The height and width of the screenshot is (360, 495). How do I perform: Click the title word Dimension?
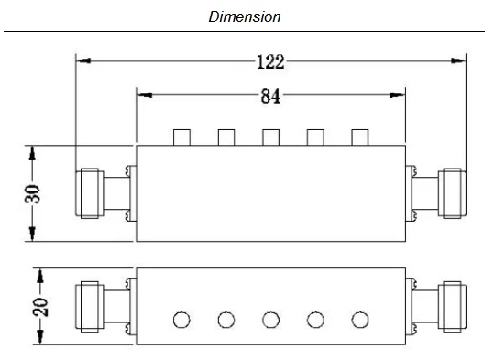[x=245, y=16]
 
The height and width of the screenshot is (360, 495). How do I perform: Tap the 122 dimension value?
[x=270, y=62]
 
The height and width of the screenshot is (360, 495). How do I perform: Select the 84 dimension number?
[x=270, y=96]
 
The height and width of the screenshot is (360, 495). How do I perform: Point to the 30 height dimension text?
[x=32, y=193]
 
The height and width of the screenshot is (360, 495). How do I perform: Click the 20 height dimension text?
[x=40, y=307]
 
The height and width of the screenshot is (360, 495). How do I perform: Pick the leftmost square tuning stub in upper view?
[x=181, y=137]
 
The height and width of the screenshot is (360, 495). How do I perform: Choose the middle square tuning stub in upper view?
[x=270, y=137]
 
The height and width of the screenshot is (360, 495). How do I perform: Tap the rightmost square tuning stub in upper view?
[x=360, y=137]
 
